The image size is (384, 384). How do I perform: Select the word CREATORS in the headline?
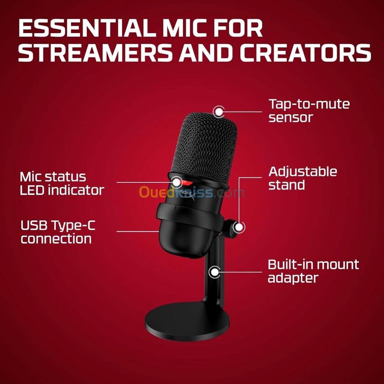[305, 53]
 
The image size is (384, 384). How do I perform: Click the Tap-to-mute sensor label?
[309, 111]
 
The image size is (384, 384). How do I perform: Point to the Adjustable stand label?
[303, 178]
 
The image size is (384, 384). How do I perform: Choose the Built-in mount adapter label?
[313, 271]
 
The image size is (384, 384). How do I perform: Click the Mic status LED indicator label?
[62, 183]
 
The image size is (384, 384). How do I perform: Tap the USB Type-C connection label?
[58, 232]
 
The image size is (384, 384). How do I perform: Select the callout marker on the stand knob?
[239, 227]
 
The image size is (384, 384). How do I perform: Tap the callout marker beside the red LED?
[176, 182]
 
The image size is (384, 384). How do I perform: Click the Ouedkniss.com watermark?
[192, 192]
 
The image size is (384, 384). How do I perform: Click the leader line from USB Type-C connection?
[138, 231]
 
